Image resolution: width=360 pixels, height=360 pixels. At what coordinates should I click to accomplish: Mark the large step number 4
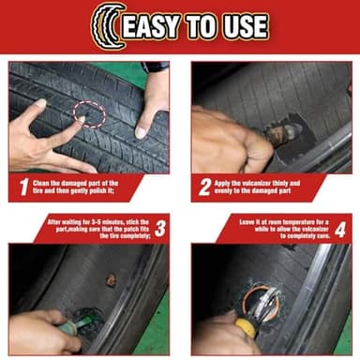(341, 228)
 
